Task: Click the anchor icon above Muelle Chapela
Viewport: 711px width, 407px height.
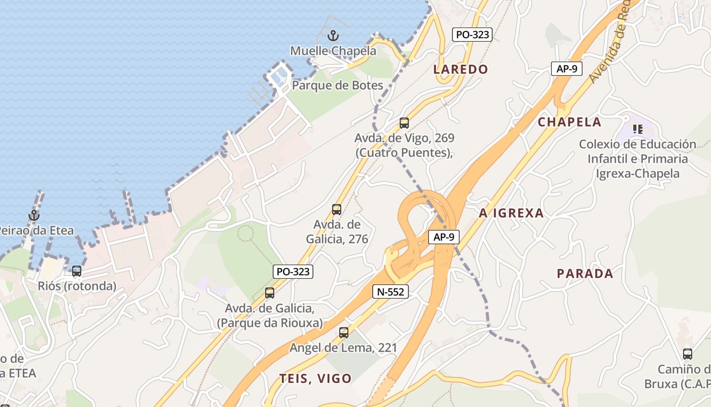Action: coord(333,36)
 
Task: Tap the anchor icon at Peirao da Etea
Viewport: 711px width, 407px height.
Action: coord(34,215)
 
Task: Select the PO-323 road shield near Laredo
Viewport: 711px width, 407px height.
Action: coord(472,35)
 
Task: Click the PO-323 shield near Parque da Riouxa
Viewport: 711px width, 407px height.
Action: coord(293,272)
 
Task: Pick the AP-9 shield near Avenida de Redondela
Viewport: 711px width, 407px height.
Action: coord(566,69)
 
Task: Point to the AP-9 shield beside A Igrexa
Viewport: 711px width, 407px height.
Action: coord(443,237)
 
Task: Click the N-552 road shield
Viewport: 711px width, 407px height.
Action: coord(391,292)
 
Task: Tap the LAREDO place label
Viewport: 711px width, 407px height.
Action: coord(461,69)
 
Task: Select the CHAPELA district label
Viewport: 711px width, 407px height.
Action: coord(569,122)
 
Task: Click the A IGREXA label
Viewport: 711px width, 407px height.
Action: coord(511,213)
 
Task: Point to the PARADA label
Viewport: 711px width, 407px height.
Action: coord(585,274)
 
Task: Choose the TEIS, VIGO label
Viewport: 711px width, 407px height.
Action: coord(315,379)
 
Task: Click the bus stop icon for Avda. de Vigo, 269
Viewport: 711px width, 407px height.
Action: coord(404,123)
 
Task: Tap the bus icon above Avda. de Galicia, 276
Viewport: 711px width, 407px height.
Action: coord(337,210)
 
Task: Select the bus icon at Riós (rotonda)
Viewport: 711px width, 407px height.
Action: coord(77,271)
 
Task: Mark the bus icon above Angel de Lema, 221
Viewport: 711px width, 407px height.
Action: coord(344,333)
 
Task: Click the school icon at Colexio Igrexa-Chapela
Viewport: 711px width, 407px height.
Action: coord(637,129)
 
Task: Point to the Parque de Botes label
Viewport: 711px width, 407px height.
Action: coord(338,85)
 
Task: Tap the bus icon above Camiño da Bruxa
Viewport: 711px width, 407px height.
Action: coord(688,354)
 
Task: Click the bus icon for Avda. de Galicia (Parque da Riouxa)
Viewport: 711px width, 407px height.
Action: coord(270,293)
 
